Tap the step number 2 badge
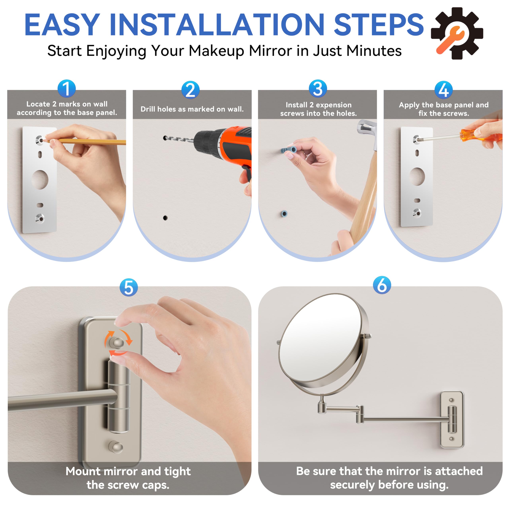[190, 90]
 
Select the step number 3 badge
[318, 88]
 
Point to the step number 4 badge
[444, 90]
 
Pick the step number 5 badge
[129, 288]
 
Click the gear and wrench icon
[457, 33]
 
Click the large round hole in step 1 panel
[40, 180]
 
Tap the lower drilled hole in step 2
[165, 218]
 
